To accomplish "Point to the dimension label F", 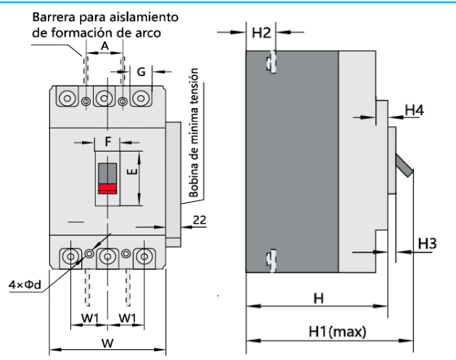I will pos(107,142).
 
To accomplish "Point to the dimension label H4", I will pos(414,110).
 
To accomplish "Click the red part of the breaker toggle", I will pos(107,189).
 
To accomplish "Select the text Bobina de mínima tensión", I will pos(194,134).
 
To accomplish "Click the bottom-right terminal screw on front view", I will pos(144,257).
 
